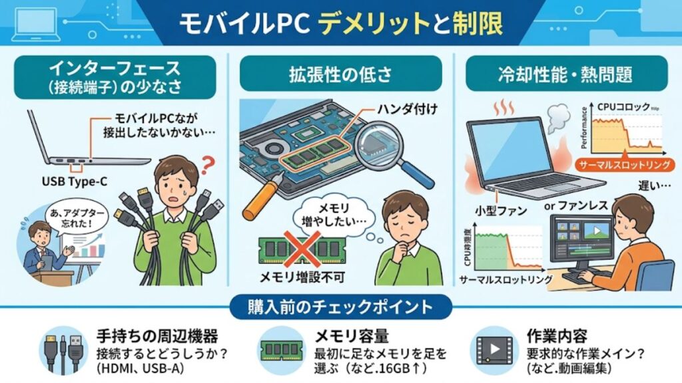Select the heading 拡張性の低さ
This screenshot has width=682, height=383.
340,72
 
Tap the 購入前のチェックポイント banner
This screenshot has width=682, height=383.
340,308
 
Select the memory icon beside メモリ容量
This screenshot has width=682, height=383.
281,348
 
